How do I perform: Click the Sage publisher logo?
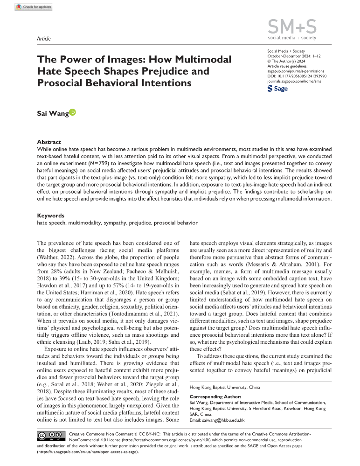[278, 89]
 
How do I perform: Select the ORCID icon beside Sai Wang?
[72, 112]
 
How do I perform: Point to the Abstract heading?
[49, 142]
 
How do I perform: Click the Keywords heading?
[50, 216]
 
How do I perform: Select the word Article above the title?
[43, 39]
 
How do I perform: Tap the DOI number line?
[297, 76]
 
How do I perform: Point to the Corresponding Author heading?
[215, 396]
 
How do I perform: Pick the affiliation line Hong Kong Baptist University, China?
[224, 387]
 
